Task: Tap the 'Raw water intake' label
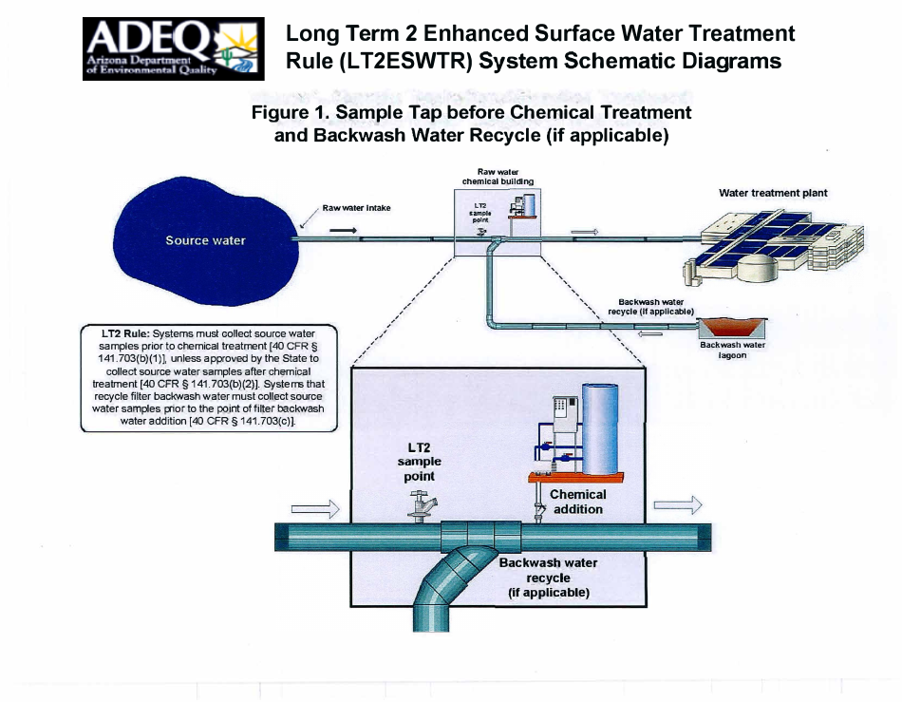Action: (x=356, y=207)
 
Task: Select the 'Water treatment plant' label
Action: (x=773, y=193)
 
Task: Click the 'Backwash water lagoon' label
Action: (x=732, y=351)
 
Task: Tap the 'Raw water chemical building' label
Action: (x=498, y=176)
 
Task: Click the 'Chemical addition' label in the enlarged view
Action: (x=577, y=502)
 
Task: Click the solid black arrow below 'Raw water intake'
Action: (x=344, y=231)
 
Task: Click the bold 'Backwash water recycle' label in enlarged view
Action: (x=549, y=570)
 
